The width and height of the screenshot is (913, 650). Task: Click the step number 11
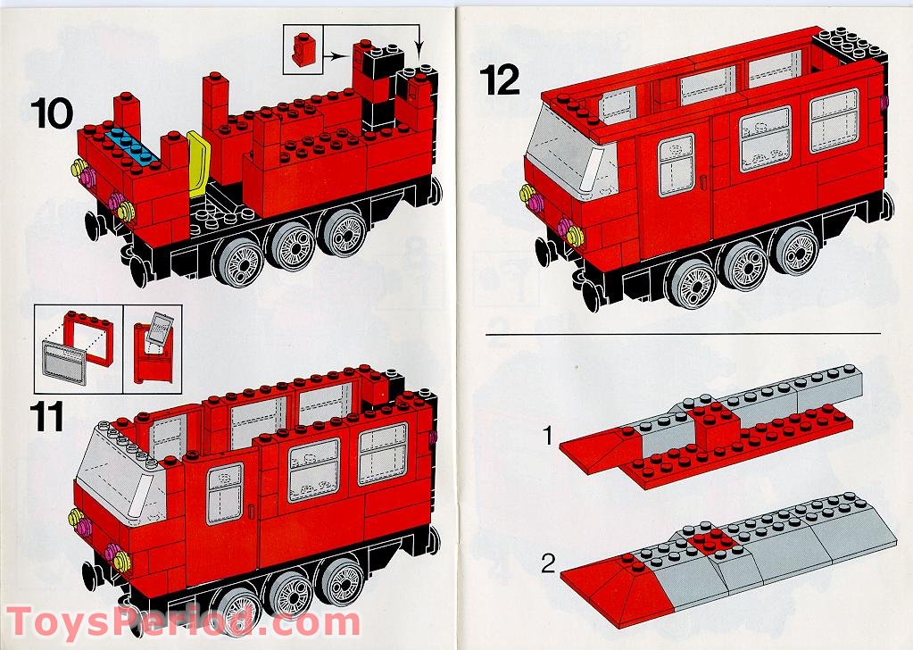point(47,417)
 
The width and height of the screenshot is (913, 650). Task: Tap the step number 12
point(500,80)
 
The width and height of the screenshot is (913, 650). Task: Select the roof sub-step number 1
point(547,435)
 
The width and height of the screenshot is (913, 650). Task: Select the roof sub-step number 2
point(549,563)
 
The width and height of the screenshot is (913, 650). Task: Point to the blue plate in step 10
point(132,145)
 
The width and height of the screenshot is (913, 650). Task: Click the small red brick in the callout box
point(303,48)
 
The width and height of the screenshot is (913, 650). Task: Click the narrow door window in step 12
point(676,165)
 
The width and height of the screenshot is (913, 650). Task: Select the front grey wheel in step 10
point(238,259)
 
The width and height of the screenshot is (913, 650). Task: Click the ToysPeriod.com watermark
point(184,622)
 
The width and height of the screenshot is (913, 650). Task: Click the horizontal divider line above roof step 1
point(683,334)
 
